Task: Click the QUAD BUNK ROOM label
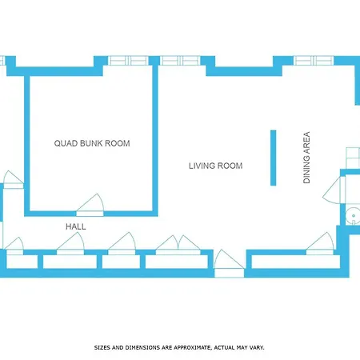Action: [x=92, y=143]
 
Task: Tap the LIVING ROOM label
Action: [x=216, y=166]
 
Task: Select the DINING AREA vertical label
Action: [x=306, y=158]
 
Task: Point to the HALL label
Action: [x=76, y=226]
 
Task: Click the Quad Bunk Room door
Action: [x=90, y=206]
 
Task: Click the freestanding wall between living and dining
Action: [x=273, y=158]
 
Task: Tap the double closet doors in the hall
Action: [x=178, y=245]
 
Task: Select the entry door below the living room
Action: [x=229, y=263]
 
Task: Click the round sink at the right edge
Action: [x=353, y=216]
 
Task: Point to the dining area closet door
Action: [x=320, y=243]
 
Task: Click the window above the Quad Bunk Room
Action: [x=128, y=61]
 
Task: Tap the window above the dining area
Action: [x=314, y=61]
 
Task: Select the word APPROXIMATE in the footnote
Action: [x=191, y=348]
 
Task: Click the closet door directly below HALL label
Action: [x=70, y=243]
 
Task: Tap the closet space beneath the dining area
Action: [x=296, y=262]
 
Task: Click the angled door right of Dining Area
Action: [x=334, y=190]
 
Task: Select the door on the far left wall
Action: [x=14, y=180]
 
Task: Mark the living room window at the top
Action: [x=180, y=61]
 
